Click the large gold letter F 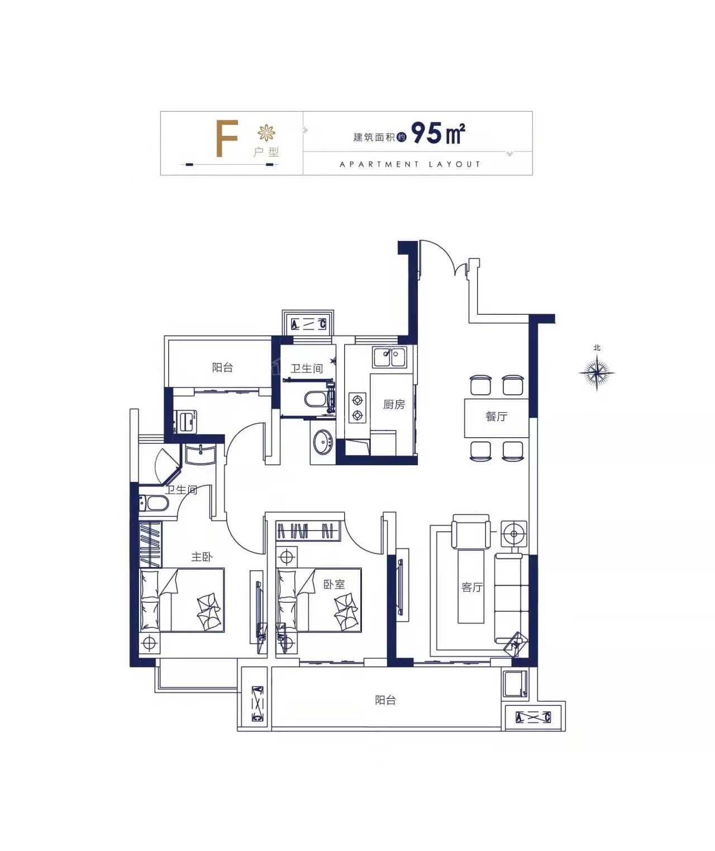point(226,139)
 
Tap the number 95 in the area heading point(427,133)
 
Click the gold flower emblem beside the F point(266,133)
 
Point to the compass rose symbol point(597,372)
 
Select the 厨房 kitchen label point(394,405)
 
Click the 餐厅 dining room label point(496,417)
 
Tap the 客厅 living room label point(472,587)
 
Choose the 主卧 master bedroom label point(202,557)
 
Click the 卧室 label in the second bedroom point(334,584)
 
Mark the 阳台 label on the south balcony point(385,700)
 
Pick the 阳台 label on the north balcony point(222,367)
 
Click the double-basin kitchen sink point(388,357)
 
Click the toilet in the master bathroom point(154,503)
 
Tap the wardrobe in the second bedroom point(308,531)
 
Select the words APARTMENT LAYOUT point(409,164)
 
